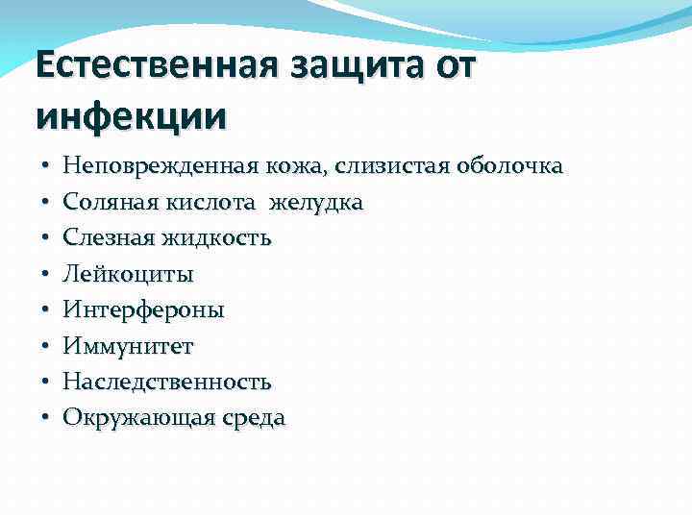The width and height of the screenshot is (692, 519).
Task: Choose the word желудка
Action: pos(316,203)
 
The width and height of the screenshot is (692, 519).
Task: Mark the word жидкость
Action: pos(213,238)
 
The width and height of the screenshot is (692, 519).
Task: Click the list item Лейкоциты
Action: pos(128,275)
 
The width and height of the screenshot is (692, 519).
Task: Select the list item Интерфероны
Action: pos(143,310)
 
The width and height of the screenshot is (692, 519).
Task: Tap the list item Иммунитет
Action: pos(127,346)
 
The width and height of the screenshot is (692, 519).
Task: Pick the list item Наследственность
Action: pos(167,382)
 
